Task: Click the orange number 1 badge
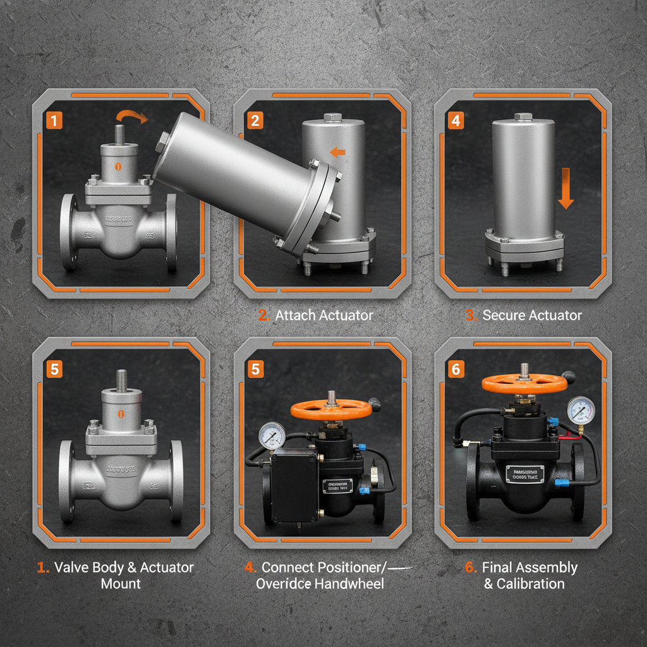pyautogui.click(x=54, y=120)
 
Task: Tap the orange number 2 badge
pyautogui.click(x=255, y=120)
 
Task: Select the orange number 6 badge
pyautogui.click(x=456, y=369)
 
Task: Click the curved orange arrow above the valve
pyautogui.click(x=131, y=116)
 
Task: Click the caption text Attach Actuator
pyautogui.click(x=324, y=315)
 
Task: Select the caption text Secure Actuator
pyautogui.click(x=532, y=315)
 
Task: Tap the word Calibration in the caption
pyautogui.click(x=531, y=583)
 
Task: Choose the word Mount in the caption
pyautogui.click(x=121, y=583)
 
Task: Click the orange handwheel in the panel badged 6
pyautogui.click(x=523, y=384)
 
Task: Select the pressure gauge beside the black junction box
pyautogui.click(x=271, y=435)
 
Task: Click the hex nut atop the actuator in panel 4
pyautogui.click(x=523, y=117)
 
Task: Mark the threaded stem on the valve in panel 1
pyautogui.click(x=120, y=135)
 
